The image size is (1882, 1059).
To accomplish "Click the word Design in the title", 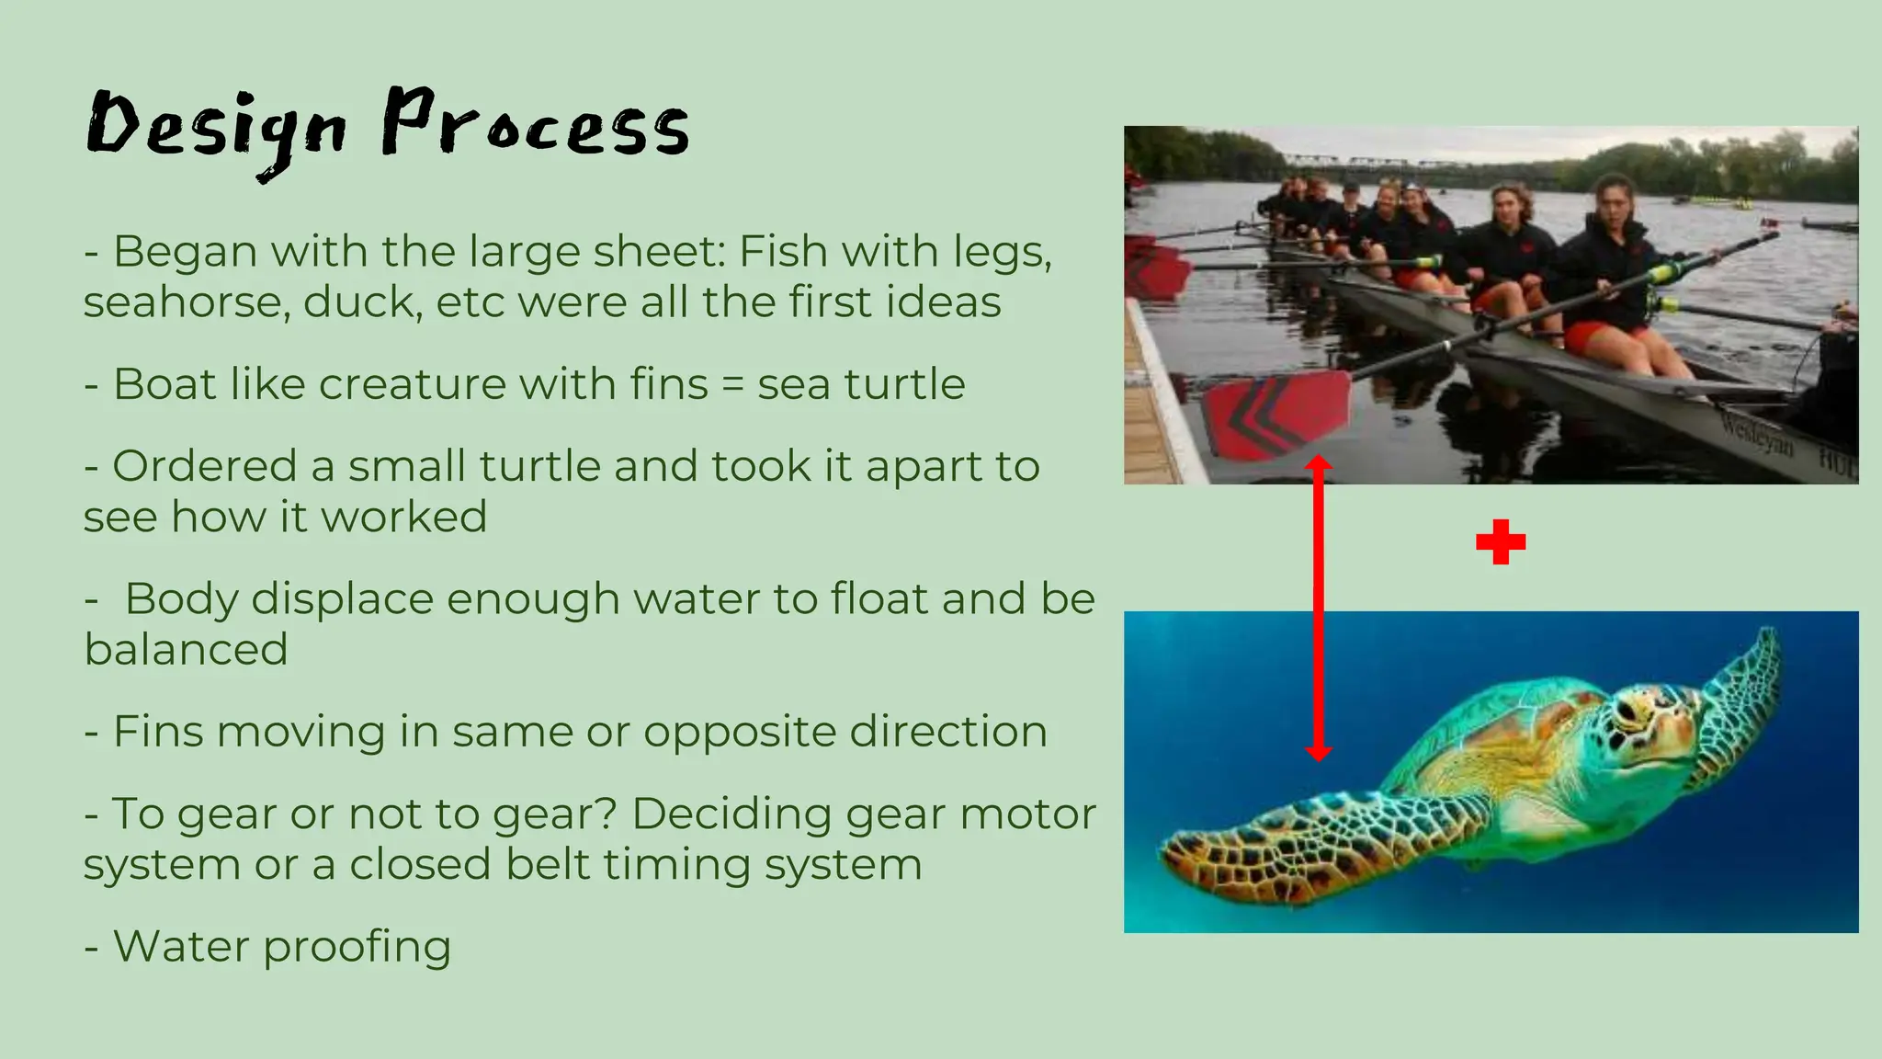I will coord(217,129).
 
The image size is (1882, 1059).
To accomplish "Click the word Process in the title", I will coord(535,124).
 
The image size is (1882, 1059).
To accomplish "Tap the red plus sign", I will coord(1501,541).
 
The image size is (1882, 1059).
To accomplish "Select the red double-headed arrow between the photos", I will coord(1319,607).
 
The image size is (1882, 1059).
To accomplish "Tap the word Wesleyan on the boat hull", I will coord(1755,435).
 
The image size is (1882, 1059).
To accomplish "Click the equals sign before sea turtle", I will coord(732,385).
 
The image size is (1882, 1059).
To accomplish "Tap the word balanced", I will coord(187,650).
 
